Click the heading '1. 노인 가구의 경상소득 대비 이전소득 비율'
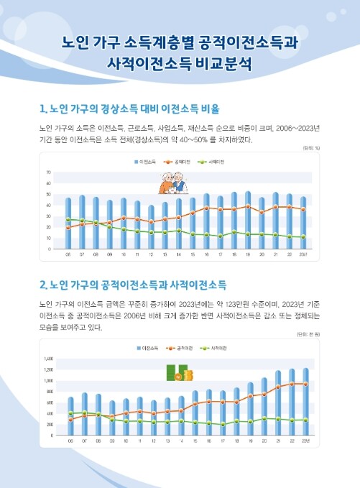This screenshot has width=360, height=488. click(x=129, y=109)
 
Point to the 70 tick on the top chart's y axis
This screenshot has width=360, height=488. click(x=28, y=173)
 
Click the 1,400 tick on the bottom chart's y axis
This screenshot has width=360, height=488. click(x=29, y=358)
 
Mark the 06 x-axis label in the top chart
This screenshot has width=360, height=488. click(x=68, y=254)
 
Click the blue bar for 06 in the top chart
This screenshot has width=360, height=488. click(x=68, y=223)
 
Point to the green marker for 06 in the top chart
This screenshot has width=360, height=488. click(x=68, y=219)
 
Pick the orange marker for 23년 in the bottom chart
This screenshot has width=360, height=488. click(x=305, y=384)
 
